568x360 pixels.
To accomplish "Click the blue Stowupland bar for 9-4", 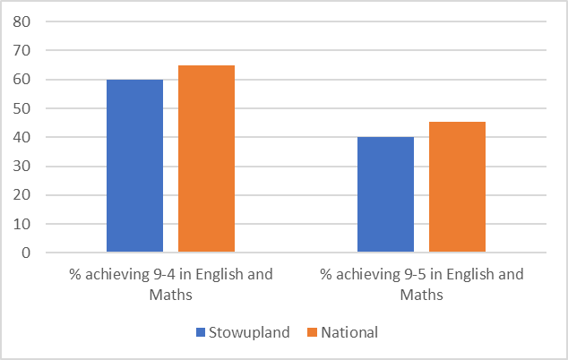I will click(x=134, y=166).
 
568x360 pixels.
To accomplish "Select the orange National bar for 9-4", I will click(x=206, y=159).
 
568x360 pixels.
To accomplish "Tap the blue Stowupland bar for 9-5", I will click(x=385, y=194).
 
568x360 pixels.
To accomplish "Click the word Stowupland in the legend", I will click(x=248, y=332).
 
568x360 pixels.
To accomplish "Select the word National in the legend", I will click(x=349, y=332).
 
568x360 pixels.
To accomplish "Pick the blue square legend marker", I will click(x=201, y=333).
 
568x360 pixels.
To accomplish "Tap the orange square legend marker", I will click(x=312, y=333).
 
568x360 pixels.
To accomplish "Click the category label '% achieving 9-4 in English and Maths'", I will click(x=170, y=283).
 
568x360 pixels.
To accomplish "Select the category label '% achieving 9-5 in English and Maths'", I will click(x=421, y=283).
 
